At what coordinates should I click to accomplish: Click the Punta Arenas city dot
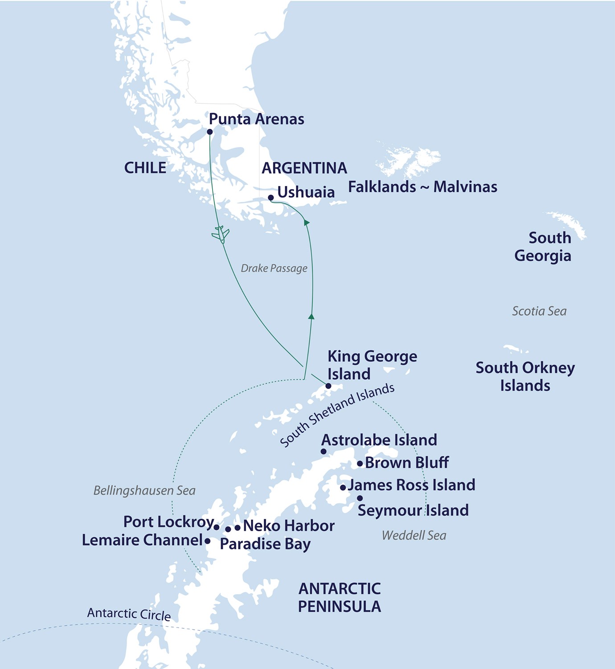coord(209,132)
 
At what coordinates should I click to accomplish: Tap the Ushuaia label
coord(306,192)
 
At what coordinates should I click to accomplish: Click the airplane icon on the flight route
coord(220,234)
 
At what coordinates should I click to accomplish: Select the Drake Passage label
coord(274,268)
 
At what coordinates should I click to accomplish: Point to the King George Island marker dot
coord(328,386)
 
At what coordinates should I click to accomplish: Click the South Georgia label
coord(543,247)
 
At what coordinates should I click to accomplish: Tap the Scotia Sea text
coord(539,311)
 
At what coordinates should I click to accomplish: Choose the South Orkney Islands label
coord(525,376)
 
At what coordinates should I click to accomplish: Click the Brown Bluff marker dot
coord(360,464)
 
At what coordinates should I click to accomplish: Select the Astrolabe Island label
coord(379,440)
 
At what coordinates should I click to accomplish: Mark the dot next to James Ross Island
coord(343,488)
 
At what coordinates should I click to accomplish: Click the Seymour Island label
coord(413,510)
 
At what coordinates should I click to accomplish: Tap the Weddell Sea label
coord(414,536)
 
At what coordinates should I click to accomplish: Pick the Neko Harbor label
coord(288,526)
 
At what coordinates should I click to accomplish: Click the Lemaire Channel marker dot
coord(207,541)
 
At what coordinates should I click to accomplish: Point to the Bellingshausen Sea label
coord(144,491)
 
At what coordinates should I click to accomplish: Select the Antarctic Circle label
coord(129,614)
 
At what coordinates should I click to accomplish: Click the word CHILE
coord(145,168)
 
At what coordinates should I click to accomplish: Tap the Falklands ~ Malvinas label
coord(422,187)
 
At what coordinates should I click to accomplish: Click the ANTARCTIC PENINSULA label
coord(339,598)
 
